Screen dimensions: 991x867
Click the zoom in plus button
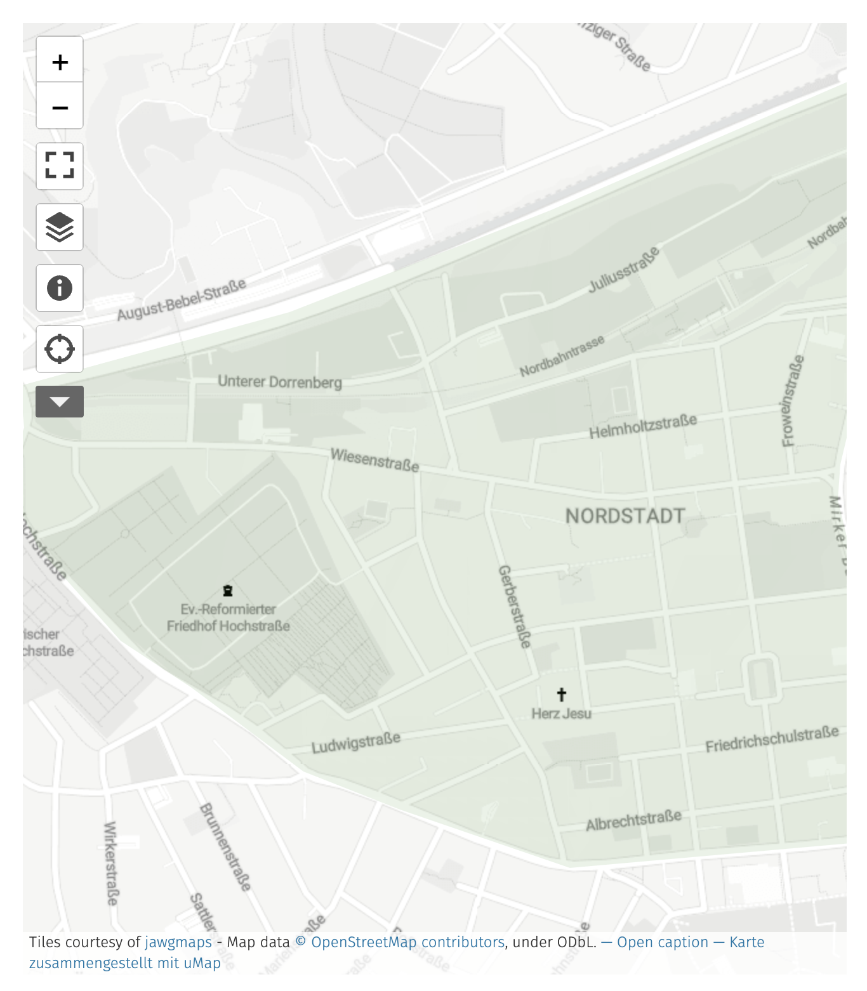coord(60,62)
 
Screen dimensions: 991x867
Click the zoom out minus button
coord(60,107)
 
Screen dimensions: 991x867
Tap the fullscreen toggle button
coord(60,166)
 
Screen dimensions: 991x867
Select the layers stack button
coord(60,227)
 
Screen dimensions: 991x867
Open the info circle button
coord(60,288)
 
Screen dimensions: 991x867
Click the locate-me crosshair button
coord(60,349)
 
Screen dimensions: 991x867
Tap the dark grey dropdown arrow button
coord(60,402)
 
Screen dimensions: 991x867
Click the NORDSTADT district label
coord(625,516)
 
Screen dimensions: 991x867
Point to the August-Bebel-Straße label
coord(182,299)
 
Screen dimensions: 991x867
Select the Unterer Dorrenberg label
coord(280,381)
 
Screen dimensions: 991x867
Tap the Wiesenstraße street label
coord(374,460)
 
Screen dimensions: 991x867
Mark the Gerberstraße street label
coord(514,607)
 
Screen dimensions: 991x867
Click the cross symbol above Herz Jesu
coord(561,694)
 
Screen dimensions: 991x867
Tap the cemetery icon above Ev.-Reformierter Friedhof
coord(228,591)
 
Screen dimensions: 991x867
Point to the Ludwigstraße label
coord(356,742)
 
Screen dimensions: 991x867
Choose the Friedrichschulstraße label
coord(772,740)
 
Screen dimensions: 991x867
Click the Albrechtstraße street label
coord(633,820)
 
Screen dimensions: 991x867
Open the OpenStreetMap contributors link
coord(407,942)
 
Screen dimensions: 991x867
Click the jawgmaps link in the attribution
coord(178,942)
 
